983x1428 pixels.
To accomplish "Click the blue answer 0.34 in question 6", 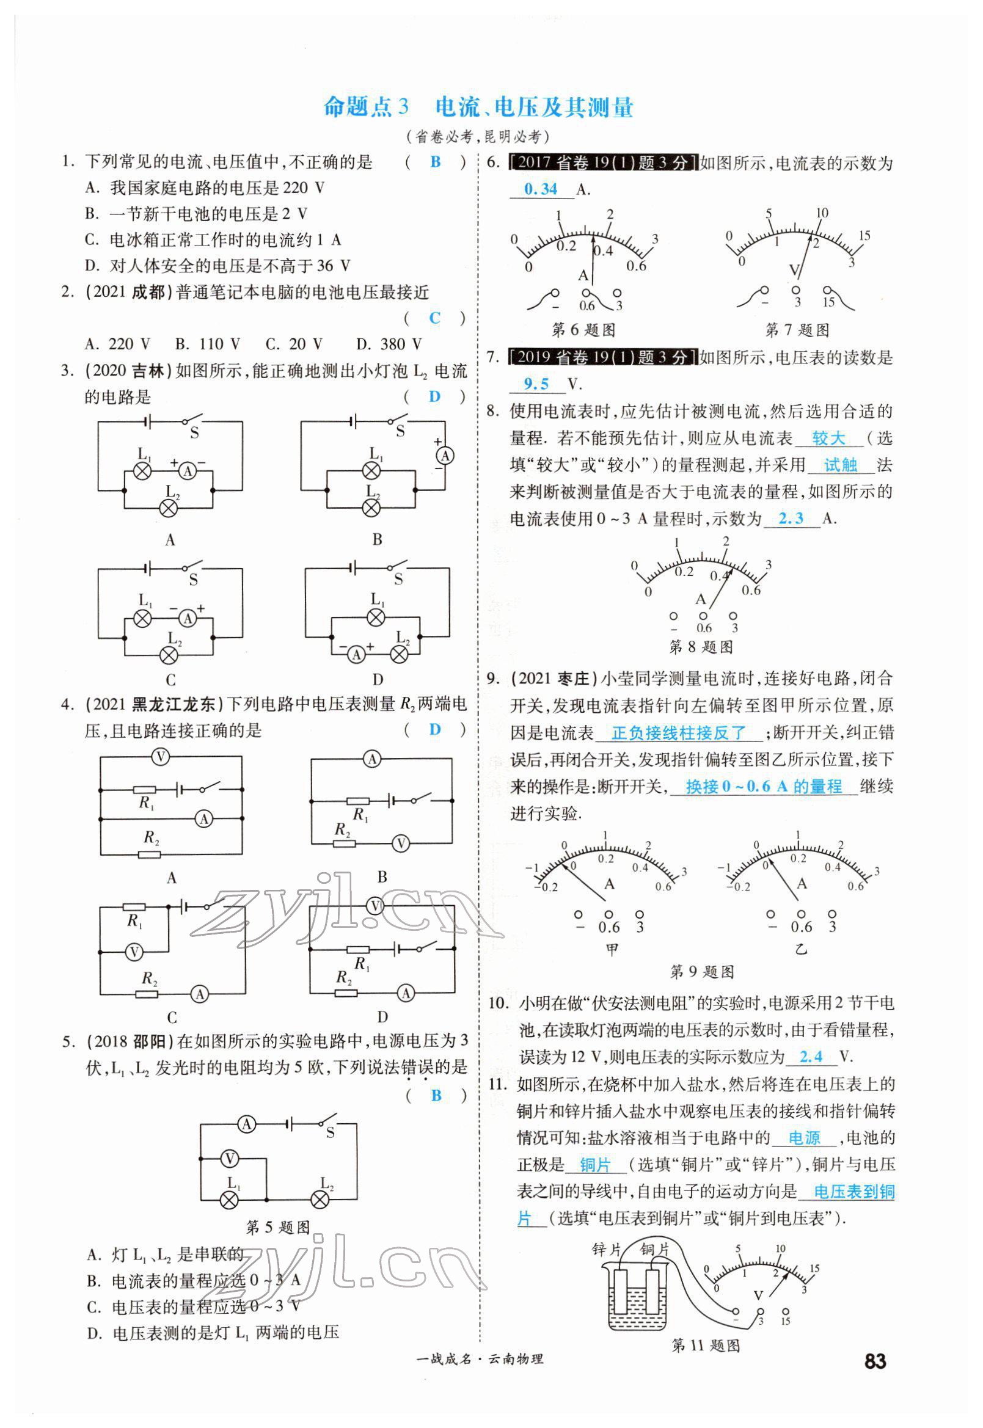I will click(540, 189).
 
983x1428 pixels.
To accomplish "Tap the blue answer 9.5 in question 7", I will click(536, 384).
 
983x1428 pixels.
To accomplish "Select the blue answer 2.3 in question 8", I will click(791, 518).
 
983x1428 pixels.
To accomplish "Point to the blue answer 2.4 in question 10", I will click(811, 1057).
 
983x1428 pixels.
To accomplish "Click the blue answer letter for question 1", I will click(436, 162).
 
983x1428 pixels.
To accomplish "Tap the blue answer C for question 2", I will click(435, 318).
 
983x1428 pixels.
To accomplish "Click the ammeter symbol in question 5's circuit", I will click(247, 1125).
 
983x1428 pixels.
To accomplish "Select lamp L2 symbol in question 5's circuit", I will click(320, 1199).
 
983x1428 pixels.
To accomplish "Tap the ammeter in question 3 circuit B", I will click(445, 455).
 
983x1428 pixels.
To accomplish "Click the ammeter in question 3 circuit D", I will click(356, 655).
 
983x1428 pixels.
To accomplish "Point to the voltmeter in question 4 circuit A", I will click(160, 756).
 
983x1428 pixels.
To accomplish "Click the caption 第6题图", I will click(583, 330).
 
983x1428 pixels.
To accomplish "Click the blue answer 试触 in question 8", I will click(840, 465).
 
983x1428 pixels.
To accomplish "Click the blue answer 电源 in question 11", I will click(805, 1138).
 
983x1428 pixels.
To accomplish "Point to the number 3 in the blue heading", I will click(403, 107).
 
